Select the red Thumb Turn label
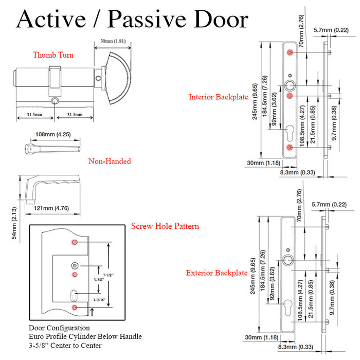[53, 55]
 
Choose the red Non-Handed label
[110, 161]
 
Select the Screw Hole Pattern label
[165, 226]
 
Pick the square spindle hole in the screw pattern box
[75, 266]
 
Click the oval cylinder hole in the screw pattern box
[75, 296]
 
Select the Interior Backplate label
[219, 97]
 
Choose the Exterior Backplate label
[217, 273]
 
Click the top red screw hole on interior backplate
[291, 53]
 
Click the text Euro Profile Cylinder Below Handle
[85, 336]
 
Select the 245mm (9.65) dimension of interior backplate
[255, 101]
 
